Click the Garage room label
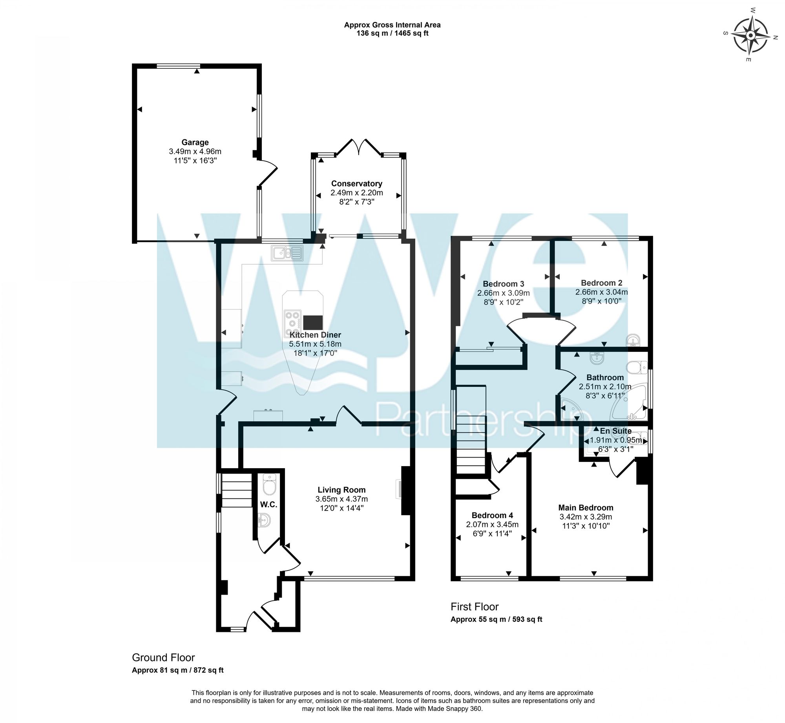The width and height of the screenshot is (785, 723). [x=195, y=142]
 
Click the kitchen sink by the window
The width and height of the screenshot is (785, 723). [x=287, y=253]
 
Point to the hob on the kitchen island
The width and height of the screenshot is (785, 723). [x=292, y=319]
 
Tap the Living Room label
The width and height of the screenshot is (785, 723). [x=341, y=490]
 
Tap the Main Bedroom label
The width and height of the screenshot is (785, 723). [x=586, y=507]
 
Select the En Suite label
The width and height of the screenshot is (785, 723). [x=615, y=431]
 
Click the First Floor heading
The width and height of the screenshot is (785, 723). [x=474, y=607]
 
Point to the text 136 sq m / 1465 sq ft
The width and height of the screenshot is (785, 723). [x=392, y=33]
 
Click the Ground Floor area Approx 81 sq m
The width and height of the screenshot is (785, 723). [x=177, y=670]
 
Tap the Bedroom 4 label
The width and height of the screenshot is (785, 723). [x=492, y=515]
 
